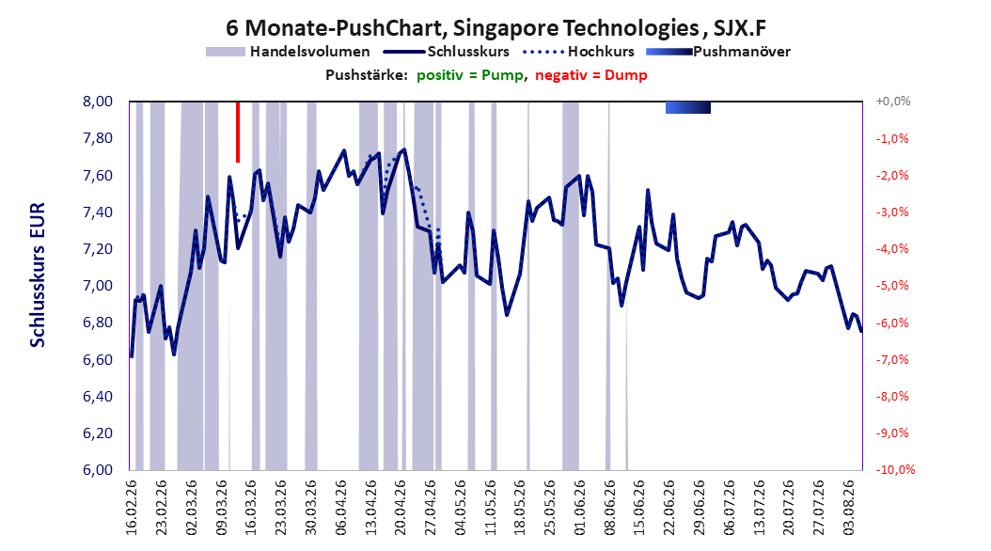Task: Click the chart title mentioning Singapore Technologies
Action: [496, 28]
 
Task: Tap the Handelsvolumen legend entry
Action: [289, 52]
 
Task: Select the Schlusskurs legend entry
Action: [447, 52]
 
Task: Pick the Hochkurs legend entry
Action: [578, 52]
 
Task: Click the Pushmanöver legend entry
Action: [718, 52]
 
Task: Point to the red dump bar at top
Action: [238, 132]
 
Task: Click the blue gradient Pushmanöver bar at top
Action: [688, 107]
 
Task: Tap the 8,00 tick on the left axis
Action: [98, 102]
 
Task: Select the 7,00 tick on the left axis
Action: [98, 286]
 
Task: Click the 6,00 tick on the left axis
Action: [98, 469]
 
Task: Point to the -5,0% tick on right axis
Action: [892, 286]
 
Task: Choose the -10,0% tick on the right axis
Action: [895, 469]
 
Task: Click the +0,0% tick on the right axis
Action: [893, 102]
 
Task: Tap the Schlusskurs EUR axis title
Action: [38, 275]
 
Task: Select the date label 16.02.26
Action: [132, 508]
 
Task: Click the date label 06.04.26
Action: [340, 508]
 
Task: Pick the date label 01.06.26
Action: [579, 508]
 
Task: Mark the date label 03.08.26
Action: [848, 508]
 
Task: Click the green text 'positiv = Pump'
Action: [470, 75]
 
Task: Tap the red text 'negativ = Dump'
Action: [591, 75]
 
